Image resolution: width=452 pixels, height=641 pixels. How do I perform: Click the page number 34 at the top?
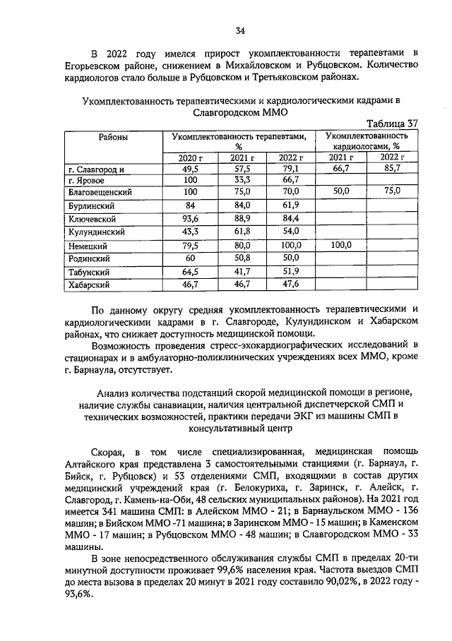[x=240, y=30]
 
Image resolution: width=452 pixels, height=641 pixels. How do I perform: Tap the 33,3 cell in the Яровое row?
[x=242, y=181]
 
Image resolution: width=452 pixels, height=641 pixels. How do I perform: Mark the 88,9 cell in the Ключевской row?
[x=242, y=219]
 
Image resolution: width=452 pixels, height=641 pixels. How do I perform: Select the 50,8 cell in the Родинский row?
[x=242, y=258]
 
